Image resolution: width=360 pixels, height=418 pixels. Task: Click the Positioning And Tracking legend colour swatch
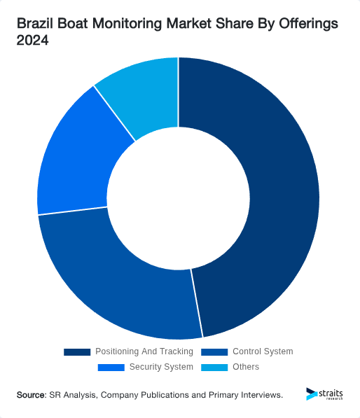[77, 351]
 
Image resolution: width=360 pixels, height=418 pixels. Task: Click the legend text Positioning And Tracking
[144, 351]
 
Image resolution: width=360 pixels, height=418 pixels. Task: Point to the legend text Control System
[263, 351]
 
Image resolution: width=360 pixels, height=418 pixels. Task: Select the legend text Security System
[160, 367]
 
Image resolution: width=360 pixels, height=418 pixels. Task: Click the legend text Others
[245, 367]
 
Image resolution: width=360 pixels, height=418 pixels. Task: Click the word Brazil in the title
[34, 24]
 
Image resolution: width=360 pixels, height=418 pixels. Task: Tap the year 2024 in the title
[32, 41]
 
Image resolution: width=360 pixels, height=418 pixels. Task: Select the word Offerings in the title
[306, 24]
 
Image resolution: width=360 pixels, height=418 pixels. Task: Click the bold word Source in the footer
[31, 396]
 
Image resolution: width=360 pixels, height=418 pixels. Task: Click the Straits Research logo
[324, 394]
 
